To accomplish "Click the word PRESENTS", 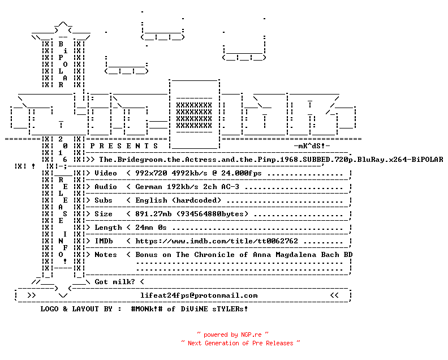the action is (x=124, y=146).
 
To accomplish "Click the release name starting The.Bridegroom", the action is (x=271, y=160).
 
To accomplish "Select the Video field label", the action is (x=106, y=173).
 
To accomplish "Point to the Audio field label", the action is (x=106, y=187).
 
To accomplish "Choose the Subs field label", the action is (x=104, y=200).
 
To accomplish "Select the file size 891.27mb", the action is (x=153, y=214).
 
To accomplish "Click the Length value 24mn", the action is (x=144, y=228).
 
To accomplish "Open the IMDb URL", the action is (x=217, y=241).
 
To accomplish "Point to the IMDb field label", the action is (x=104, y=241).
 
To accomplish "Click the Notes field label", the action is (x=106, y=255).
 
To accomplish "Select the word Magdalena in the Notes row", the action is (x=296, y=255).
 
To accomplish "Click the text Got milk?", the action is (x=115, y=282).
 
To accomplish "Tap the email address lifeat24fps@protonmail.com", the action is (x=199, y=295).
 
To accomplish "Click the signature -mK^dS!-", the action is (x=312, y=146).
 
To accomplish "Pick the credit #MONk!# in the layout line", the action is (x=147, y=309).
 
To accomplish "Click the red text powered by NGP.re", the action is (x=232, y=335).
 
